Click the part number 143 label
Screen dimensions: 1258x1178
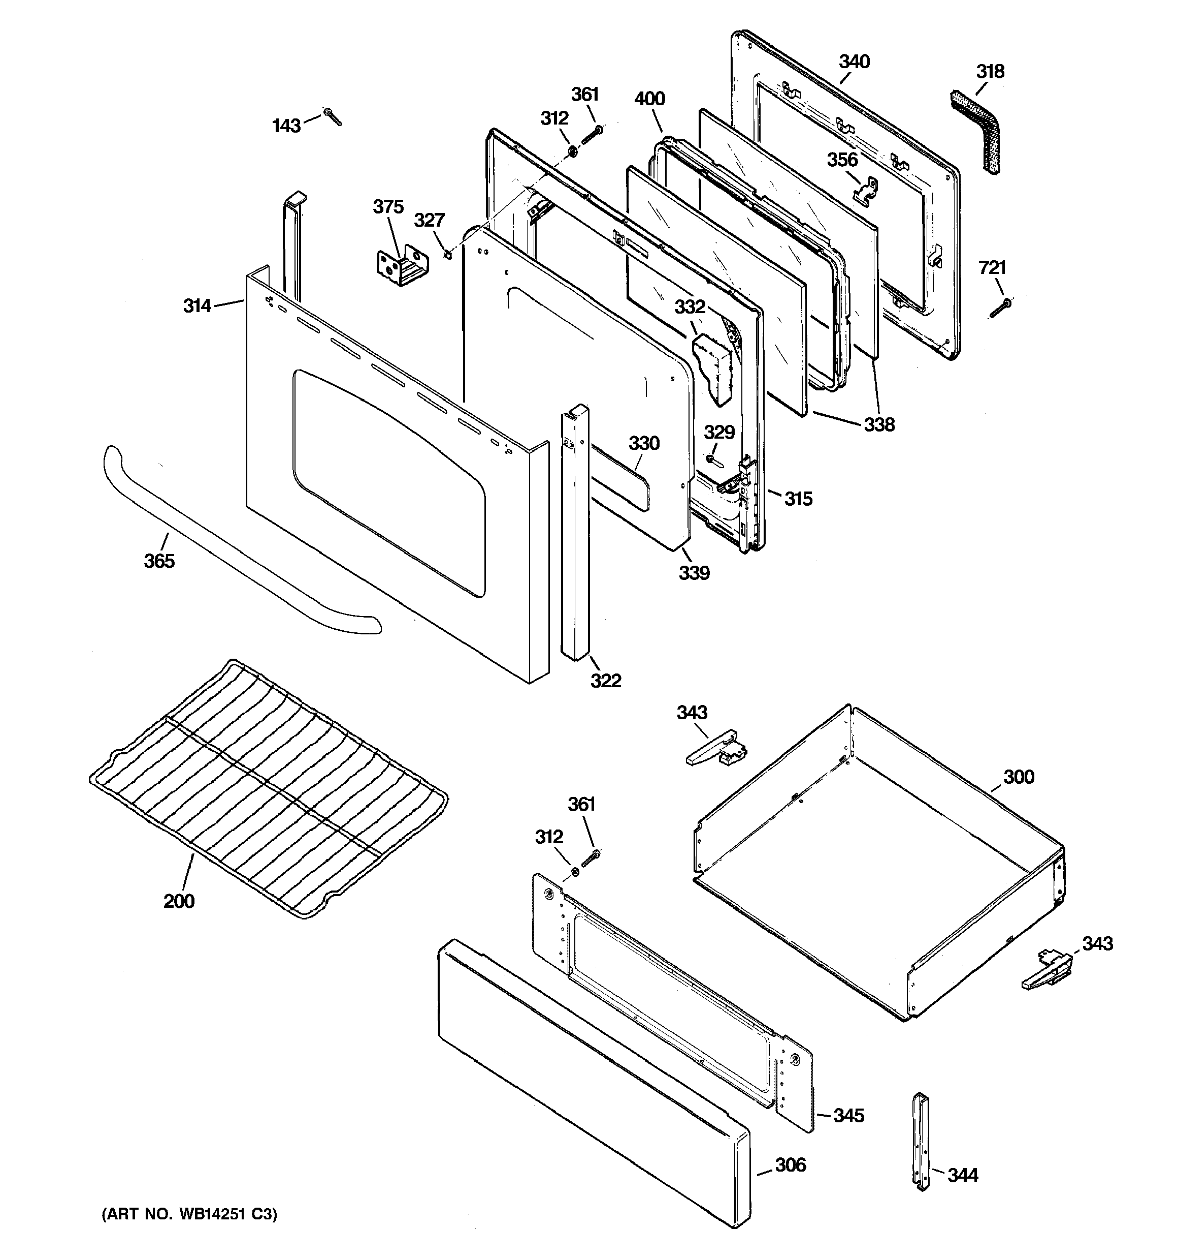coord(286,126)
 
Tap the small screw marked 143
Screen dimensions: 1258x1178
coord(333,116)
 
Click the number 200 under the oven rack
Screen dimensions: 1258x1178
coord(179,901)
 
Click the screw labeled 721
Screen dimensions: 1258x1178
coord(1000,308)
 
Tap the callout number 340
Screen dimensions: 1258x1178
coord(854,62)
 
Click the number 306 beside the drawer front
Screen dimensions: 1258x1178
coord(791,1164)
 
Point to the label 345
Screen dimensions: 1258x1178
coord(848,1115)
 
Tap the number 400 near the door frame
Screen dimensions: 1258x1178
coord(649,98)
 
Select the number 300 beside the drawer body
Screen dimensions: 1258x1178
coord(1018,777)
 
